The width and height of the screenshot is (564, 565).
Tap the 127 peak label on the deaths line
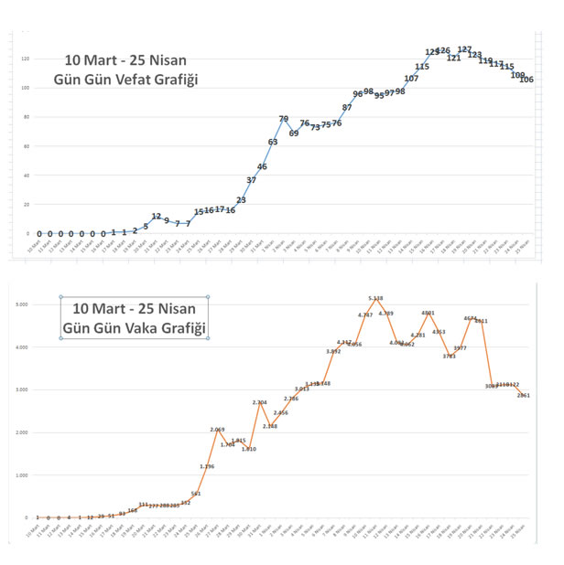tap(464, 49)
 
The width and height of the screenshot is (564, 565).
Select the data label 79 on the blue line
tap(284, 119)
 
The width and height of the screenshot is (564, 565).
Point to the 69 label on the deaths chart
tap(294, 133)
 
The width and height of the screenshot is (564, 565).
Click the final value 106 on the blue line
tap(526, 80)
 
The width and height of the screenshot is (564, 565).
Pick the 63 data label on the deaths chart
tap(273, 142)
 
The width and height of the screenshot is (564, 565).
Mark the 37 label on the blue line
tap(252, 180)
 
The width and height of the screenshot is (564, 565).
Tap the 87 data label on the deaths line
tap(347, 108)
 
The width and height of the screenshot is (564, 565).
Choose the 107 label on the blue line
tap(411, 79)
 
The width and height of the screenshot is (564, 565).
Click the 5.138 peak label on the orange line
tap(375, 298)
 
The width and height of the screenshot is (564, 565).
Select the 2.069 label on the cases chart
tap(218, 430)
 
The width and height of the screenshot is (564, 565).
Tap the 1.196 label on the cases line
tap(207, 466)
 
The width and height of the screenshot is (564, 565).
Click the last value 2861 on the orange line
tap(524, 395)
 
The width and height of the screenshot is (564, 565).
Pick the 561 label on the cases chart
tap(196, 494)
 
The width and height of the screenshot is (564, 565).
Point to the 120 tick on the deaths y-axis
tap(26, 59)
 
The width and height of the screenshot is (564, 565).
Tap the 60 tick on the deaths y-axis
tap(27, 146)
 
